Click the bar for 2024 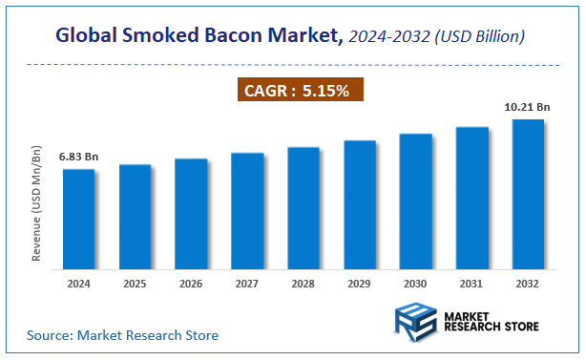(x=79, y=219)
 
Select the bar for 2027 (x=247, y=210)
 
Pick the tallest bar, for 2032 (x=528, y=193)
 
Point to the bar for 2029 (x=360, y=204)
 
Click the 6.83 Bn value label (x=79, y=156)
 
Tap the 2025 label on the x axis (x=136, y=285)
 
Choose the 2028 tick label (x=303, y=285)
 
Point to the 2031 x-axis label (x=471, y=285)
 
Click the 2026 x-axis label (x=191, y=285)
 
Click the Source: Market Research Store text (x=123, y=335)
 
